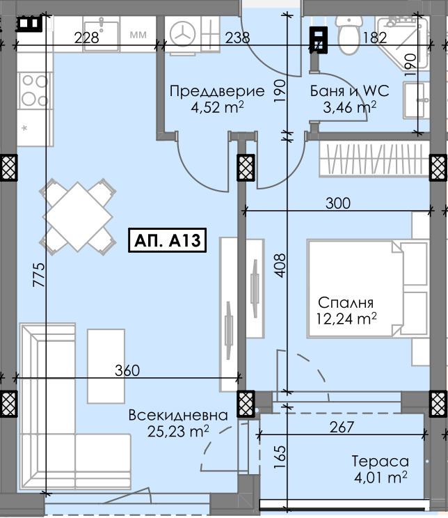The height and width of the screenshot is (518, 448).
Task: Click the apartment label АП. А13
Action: (x=166, y=242)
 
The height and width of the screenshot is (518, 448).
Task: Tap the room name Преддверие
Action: (x=217, y=91)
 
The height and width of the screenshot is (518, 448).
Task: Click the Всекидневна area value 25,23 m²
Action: (x=179, y=431)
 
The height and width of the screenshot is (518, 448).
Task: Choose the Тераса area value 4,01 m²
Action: (x=379, y=477)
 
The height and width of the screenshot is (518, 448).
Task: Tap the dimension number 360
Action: (x=127, y=370)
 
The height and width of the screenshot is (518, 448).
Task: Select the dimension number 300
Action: (x=337, y=203)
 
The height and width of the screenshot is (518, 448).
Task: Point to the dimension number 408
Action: (x=280, y=264)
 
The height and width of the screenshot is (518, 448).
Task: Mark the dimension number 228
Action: (x=86, y=38)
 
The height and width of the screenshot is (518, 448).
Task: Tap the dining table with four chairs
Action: (x=77, y=217)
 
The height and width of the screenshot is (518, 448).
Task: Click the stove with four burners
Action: (x=32, y=89)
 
